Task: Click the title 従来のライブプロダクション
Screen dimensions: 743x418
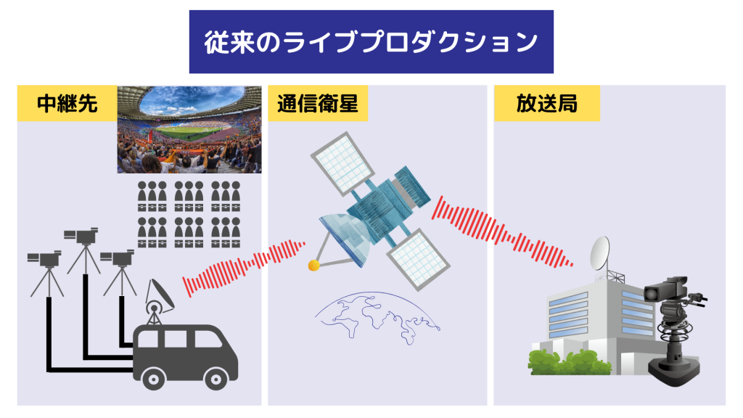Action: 371,41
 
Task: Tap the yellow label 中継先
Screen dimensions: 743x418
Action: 67,103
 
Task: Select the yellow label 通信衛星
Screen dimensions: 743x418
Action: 318,103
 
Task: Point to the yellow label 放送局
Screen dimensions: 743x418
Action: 547,103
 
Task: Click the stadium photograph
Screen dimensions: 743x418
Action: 189,129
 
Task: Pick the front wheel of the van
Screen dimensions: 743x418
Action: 216,379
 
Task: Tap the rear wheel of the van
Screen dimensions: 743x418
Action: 154,379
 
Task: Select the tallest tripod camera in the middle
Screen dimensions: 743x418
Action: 83,250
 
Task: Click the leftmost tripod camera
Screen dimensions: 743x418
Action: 46,273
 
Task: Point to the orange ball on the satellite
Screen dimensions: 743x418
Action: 313,266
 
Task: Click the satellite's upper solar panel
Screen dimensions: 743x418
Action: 342,163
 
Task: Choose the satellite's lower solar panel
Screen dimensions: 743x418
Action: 419,259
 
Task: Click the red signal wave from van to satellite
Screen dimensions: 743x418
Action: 243,269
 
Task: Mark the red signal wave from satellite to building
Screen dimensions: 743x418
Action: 502,232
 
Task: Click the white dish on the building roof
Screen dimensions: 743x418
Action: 600,254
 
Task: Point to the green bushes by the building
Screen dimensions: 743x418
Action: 570,363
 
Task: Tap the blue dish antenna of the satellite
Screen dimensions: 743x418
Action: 345,237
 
